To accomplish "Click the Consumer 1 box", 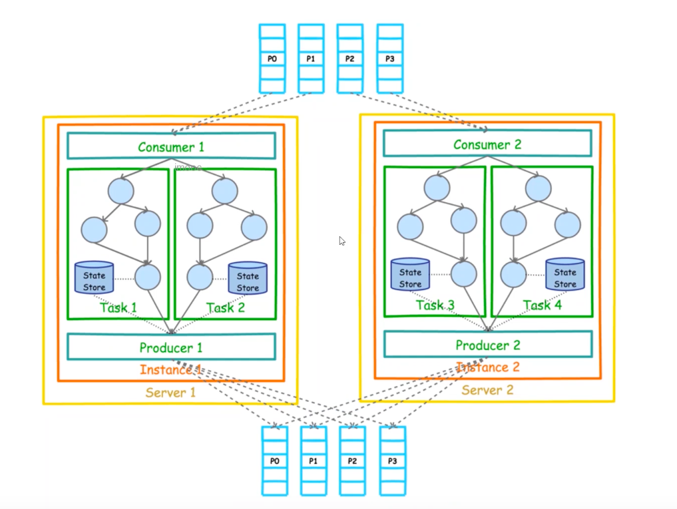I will coord(171,146).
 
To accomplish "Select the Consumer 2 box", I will coord(487,144).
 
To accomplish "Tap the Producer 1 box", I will coord(171,347).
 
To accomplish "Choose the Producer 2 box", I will coord(487,345).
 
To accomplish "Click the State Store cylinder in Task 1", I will coord(95,277).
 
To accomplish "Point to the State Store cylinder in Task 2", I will coord(248,277).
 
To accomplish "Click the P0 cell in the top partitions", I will coord(272,59).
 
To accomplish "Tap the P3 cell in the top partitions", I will coord(390,59).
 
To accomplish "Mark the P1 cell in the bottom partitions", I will coord(314,461).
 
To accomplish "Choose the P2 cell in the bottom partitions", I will coord(353,461).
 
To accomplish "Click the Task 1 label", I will coord(118,307).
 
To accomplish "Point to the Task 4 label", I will coord(541,305).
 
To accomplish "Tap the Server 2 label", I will coord(487,390).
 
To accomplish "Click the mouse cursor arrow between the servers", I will coord(342,241).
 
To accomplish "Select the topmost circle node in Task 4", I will coord(538,188).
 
